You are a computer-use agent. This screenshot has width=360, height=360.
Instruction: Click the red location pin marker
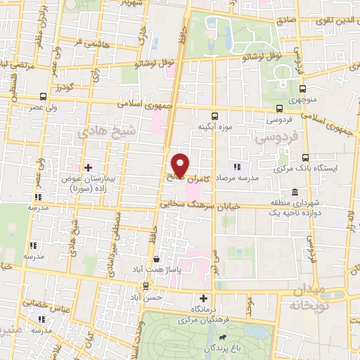[x=181, y=165]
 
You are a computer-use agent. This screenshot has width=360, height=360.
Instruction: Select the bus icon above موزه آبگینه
[x=214, y=116]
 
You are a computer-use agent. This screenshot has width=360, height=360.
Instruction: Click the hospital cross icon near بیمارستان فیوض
[x=88, y=167]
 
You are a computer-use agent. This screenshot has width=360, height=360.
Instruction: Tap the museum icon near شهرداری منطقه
[x=293, y=192]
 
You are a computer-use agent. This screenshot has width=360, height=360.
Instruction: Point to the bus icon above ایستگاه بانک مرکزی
[x=305, y=157]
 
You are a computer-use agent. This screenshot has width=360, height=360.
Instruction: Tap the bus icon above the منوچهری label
[x=303, y=89]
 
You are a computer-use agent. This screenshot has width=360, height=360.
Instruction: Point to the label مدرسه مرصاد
[x=238, y=179]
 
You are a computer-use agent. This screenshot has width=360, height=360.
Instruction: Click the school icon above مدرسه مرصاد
[x=237, y=167]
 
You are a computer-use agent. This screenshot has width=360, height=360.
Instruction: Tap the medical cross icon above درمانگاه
[x=204, y=298]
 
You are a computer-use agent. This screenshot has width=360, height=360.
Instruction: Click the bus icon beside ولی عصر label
[x=44, y=96]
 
